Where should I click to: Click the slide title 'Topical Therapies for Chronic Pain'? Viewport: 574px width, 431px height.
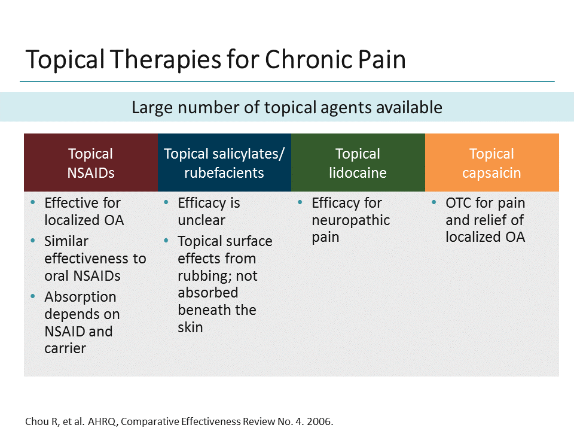click(215, 60)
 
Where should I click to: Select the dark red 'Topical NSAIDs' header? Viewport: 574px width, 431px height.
click(90, 163)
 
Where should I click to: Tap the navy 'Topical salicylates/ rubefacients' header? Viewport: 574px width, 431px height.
click(224, 163)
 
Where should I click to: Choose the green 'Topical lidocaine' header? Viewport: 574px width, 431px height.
click(358, 163)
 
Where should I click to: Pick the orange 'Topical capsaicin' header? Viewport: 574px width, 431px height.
click(491, 163)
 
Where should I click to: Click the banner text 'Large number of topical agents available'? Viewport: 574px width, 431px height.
click(287, 108)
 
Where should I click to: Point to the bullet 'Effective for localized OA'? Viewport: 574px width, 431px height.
click(84, 211)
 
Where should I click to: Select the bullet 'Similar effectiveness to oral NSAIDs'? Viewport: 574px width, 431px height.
click(94, 258)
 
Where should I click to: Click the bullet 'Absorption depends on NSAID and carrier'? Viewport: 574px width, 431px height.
click(81, 322)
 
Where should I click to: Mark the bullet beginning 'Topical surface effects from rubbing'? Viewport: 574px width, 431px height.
click(224, 284)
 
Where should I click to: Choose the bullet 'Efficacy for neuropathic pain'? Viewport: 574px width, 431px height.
click(350, 220)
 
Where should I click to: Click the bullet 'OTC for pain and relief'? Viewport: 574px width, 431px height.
click(485, 220)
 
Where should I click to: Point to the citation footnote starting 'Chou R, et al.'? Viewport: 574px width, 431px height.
click(179, 421)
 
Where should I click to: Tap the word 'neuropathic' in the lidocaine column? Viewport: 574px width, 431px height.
click(350, 220)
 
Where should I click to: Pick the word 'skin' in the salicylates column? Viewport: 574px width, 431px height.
click(190, 327)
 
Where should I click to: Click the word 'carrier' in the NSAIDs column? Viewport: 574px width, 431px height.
click(65, 348)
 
